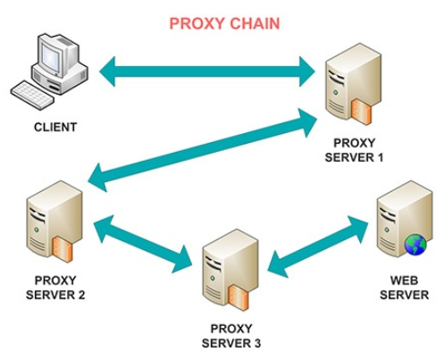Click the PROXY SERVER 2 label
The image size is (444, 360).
(49, 287)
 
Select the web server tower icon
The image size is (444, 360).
(398, 223)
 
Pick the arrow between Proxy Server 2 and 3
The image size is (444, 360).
(143, 239)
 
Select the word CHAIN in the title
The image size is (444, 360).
(254, 23)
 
